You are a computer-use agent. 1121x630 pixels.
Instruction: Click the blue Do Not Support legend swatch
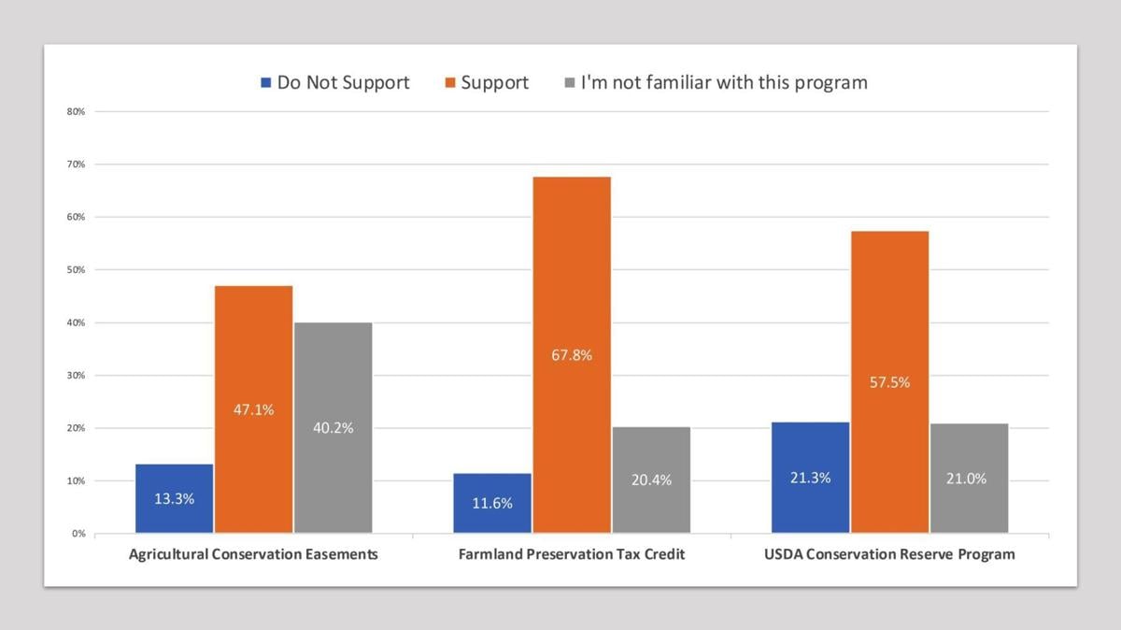pos(266,83)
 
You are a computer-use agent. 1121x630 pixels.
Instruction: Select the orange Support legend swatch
pos(449,83)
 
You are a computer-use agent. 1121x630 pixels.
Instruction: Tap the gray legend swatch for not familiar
pos(569,83)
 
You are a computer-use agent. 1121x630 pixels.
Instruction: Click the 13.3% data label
pos(175,499)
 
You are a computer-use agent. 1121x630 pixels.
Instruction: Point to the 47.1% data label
pos(254,409)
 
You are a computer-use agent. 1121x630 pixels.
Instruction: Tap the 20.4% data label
pos(651,480)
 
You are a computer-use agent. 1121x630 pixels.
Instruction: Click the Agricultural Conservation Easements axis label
pos(253,554)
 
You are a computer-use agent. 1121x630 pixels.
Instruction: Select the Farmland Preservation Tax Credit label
pos(572,554)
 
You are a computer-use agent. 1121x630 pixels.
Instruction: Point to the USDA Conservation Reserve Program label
pos(889,554)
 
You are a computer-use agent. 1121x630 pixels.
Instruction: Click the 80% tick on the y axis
pos(76,111)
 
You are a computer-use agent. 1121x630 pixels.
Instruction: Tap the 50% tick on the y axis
pos(76,270)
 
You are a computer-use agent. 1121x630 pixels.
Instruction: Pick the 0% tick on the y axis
pos(78,534)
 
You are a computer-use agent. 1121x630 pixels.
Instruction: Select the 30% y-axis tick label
pos(76,376)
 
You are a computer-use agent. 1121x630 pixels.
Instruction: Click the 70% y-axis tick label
pos(76,165)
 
